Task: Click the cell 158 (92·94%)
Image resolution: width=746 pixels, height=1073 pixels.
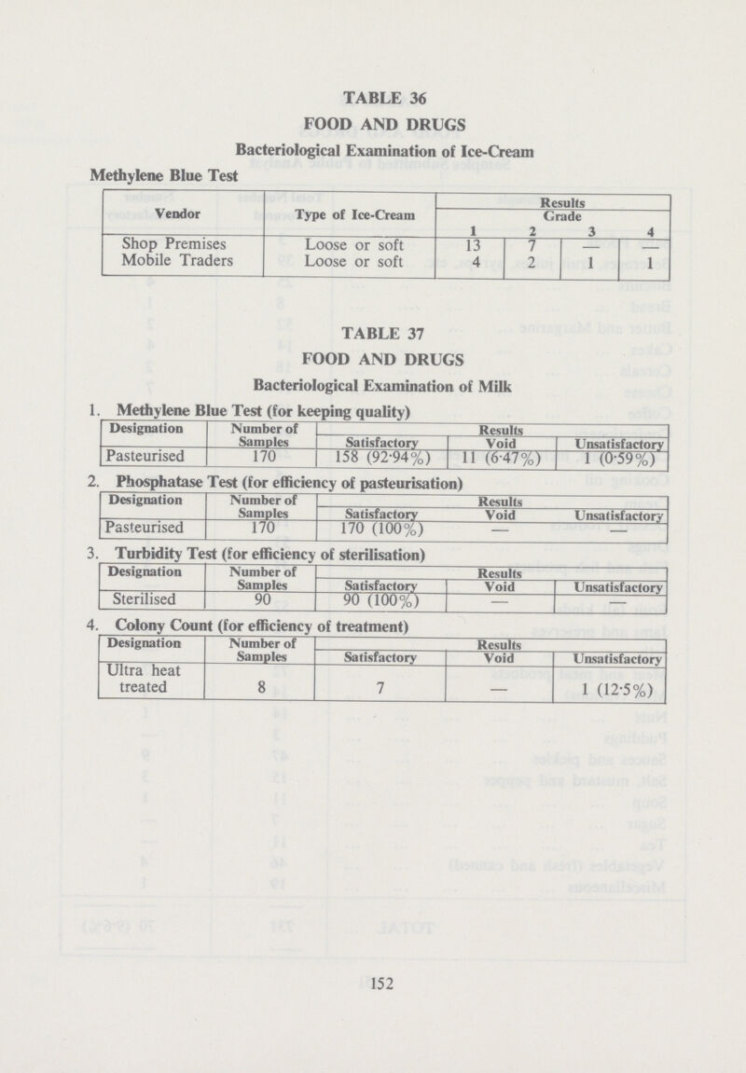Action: pyautogui.click(x=380, y=459)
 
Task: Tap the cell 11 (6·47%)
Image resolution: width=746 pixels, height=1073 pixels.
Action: pyautogui.click(x=501, y=459)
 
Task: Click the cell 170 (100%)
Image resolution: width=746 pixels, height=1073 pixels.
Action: pyautogui.click(x=380, y=530)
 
